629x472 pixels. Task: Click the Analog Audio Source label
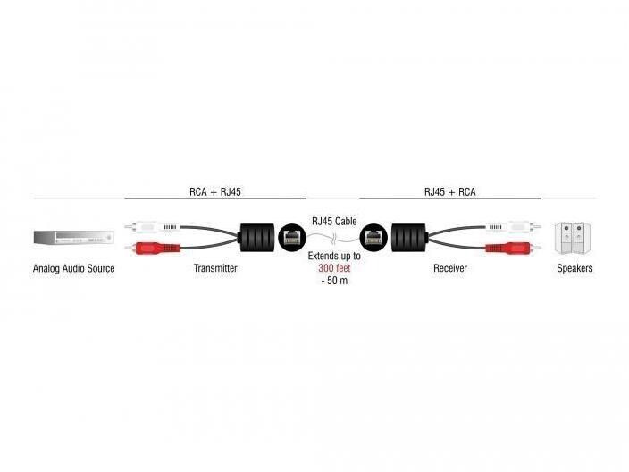click(74, 268)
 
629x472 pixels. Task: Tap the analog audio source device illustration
click(74, 237)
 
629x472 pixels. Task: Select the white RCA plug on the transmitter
click(153, 227)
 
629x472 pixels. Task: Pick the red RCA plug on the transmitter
click(153, 248)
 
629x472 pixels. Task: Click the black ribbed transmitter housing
click(257, 238)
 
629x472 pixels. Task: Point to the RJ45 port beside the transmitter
click(292, 238)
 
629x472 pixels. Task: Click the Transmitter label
click(215, 268)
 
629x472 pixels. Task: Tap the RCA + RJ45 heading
click(215, 192)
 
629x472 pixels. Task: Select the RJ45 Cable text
click(334, 221)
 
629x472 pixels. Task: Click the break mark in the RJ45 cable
click(334, 240)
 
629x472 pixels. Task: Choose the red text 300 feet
click(334, 268)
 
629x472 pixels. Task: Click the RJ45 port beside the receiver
click(373, 238)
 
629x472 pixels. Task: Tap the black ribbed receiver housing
click(409, 238)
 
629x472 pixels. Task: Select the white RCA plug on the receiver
click(514, 227)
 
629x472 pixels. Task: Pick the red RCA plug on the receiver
click(514, 248)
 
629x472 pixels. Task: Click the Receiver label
click(450, 268)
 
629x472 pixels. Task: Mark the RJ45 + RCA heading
click(450, 192)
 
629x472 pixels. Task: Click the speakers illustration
click(573, 238)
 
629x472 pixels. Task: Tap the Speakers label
click(574, 268)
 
